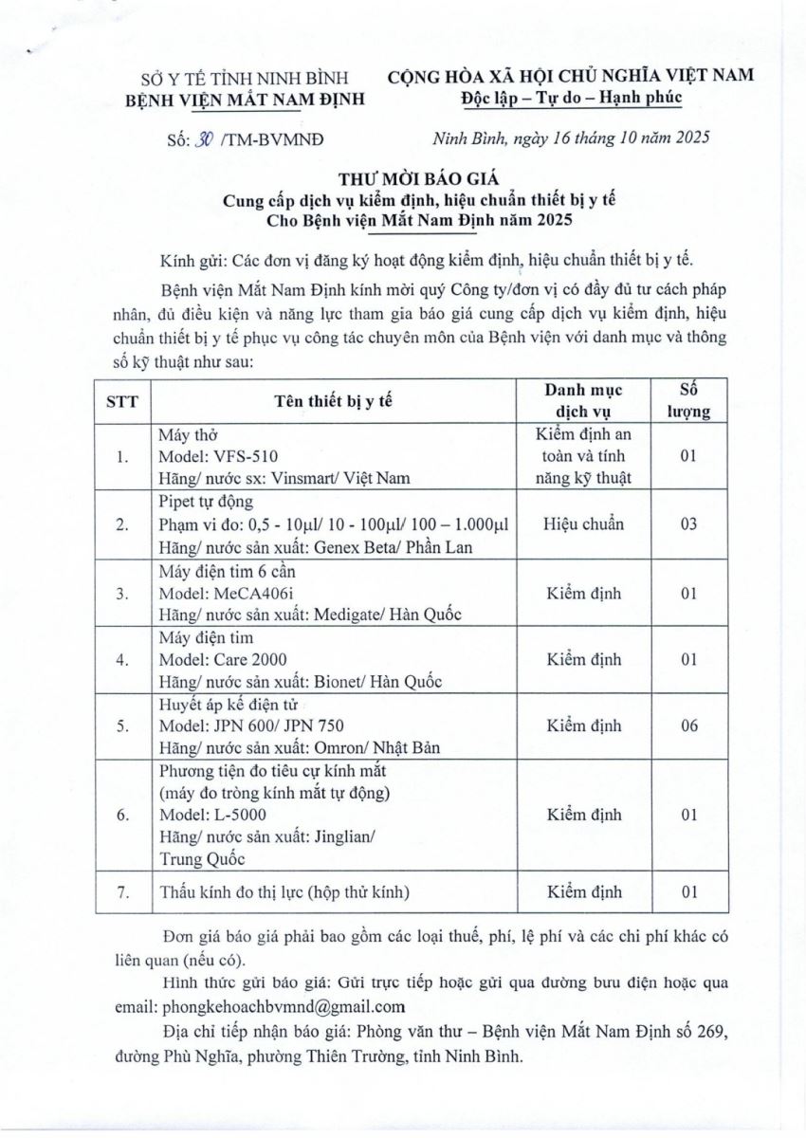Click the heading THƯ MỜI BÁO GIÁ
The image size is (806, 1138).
tap(402, 177)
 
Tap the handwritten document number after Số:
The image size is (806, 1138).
tap(200, 138)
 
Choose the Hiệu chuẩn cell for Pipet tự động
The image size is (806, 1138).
tap(584, 524)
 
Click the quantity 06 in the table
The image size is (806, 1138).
tap(689, 725)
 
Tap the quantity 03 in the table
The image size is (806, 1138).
tap(689, 524)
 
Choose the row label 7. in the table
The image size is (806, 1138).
tap(121, 892)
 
